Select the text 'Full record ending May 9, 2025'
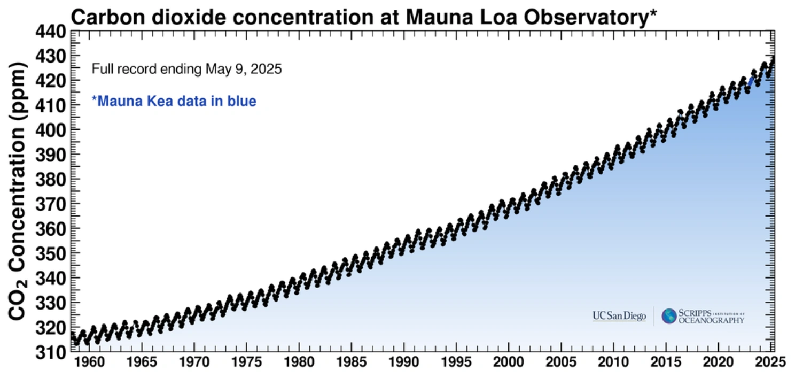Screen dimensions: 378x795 (186, 70)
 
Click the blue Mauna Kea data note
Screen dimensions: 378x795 (174, 101)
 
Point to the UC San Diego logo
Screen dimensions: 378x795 (619, 315)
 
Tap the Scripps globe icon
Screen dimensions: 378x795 (668, 316)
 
